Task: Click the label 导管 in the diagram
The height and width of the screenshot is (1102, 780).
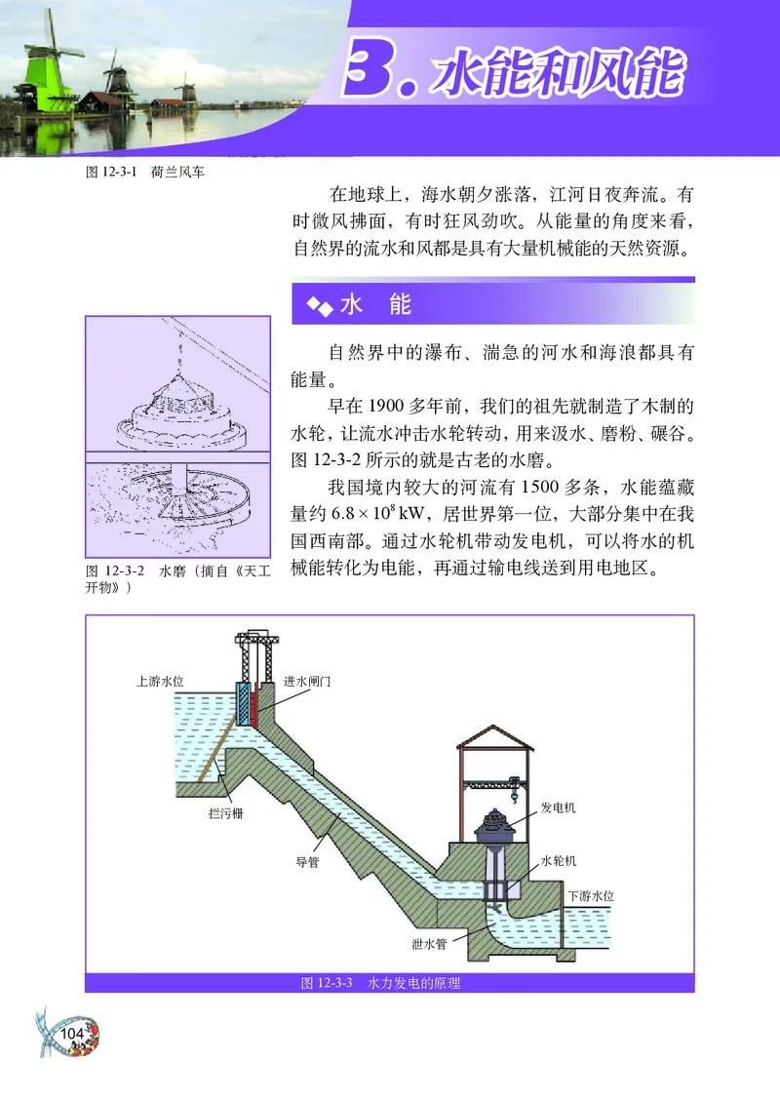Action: coord(308,861)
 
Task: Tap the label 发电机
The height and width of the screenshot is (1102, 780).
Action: coord(558,808)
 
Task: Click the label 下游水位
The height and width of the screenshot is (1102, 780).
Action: coord(590,894)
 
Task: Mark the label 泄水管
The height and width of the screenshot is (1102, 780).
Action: coord(429,942)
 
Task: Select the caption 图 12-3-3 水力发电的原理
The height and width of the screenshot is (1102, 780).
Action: coord(380,983)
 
